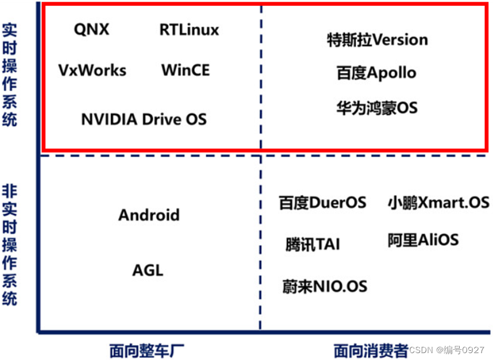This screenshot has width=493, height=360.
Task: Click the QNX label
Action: point(91,29)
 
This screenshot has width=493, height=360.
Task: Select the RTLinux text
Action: point(189,29)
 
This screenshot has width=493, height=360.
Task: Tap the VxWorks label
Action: point(92,71)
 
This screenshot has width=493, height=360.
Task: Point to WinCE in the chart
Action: point(185,71)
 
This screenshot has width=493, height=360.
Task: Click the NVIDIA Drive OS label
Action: point(143,119)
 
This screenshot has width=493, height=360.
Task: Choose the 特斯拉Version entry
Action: point(377,40)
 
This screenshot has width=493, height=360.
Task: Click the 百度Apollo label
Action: point(376,73)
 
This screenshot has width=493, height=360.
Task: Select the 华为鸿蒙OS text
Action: point(376,107)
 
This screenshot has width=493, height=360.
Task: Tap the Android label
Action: point(149,215)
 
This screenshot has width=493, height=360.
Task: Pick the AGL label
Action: point(148,270)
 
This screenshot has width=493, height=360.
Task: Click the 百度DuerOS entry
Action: point(323,203)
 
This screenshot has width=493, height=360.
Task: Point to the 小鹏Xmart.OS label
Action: point(438,203)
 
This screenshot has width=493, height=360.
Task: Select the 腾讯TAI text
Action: point(312,244)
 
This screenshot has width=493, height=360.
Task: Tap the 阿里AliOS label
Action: point(423,239)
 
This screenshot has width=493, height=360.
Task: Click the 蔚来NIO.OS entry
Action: point(324,285)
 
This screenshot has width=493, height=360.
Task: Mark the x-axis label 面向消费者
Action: point(371,350)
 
